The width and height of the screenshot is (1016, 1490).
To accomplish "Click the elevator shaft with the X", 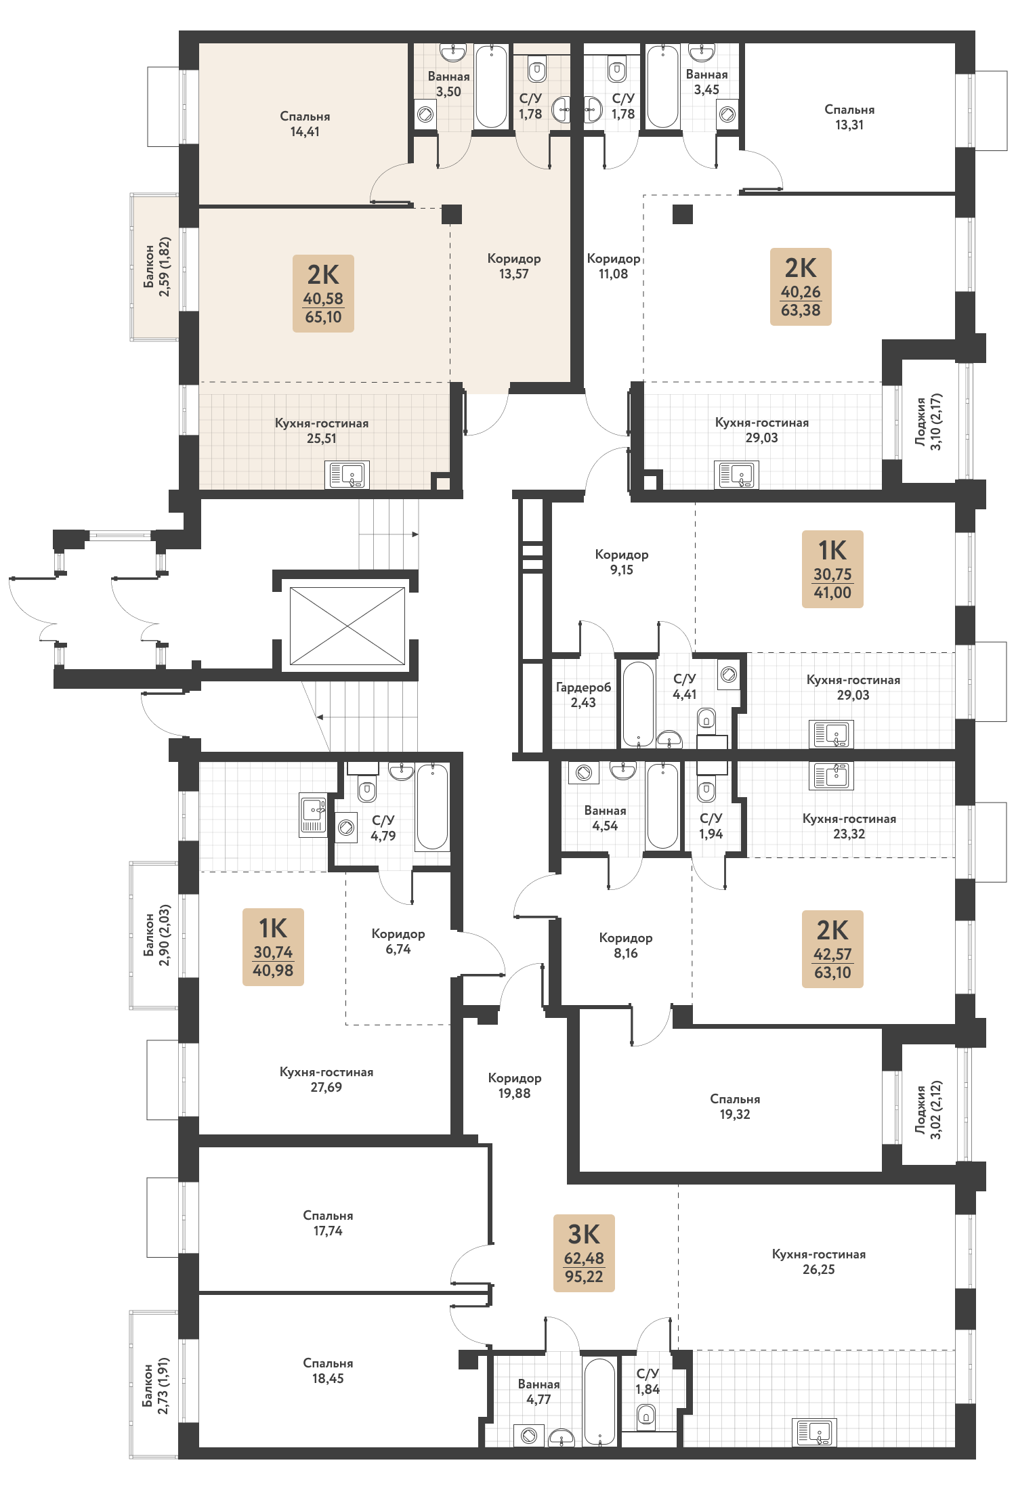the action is pyautogui.click(x=347, y=626).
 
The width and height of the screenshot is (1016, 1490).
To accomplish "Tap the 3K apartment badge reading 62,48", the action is pyautogui.click(x=584, y=1253).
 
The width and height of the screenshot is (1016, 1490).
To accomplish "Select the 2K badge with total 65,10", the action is pyautogui.click(x=323, y=293).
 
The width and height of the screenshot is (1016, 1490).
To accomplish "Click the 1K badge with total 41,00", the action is pyautogui.click(x=832, y=569).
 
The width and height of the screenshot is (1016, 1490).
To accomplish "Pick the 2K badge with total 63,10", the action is pyautogui.click(x=832, y=949).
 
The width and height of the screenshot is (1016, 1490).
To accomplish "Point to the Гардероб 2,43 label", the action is pyautogui.click(x=583, y=695).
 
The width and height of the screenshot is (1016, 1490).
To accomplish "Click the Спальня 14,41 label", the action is pyautogui.click(x=305, y=124).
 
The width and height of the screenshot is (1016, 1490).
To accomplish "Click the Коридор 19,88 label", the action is pyautogui.click(x=514, y=1085).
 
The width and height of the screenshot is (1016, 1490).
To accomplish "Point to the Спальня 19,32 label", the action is pyautogui.click(x=735, y=1106).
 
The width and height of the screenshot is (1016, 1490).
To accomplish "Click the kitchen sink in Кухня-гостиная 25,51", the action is pyautogui.click(x=347, y=475).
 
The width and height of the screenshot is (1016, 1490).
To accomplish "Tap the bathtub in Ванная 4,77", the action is pyautogui.click(x=599, y=1401).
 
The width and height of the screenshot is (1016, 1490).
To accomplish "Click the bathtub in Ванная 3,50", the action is pyautogui.click(x=491, y=86).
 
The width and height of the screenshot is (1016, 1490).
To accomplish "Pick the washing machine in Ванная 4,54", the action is pyautogui.click(x=584, y=772).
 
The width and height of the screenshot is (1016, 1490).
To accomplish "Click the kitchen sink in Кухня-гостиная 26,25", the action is pyautogui.click(x=814, y=1432).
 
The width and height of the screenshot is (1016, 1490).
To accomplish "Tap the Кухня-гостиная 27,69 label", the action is pyautogui.click(x=326, y=1080).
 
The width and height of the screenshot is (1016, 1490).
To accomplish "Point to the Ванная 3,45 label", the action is pyautogui.click(x=706, y=82).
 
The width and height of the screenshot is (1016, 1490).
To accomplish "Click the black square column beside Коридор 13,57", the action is pyautogui.click(x=452, y=214).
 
